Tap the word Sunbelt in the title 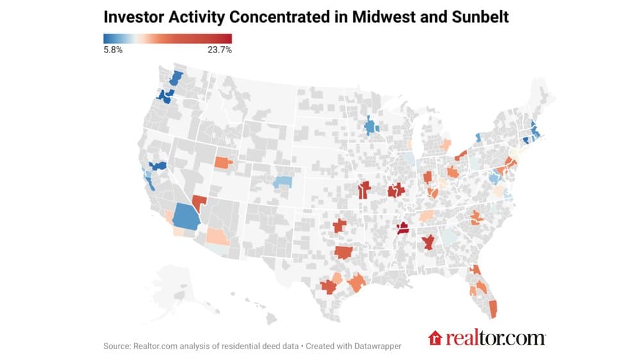click(480, 17)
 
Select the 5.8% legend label click(113, 50)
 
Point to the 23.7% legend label click(219, 50)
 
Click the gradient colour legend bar click(167, 38)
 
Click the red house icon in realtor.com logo click(435, 338)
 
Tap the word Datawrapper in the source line click(375, 346)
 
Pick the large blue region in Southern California click(186, 217)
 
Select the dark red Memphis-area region click(403, 229)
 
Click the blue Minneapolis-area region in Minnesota click(370, 126)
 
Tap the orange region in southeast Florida click(493, 309)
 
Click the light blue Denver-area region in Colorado click(283, 183)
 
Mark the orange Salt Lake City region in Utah click(224, 162)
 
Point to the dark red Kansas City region click(364, 190)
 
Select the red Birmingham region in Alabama click(428, 242)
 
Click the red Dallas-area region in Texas click(344, 252)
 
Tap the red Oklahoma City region click(339, 225)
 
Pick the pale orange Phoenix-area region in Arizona click(217, 236)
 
